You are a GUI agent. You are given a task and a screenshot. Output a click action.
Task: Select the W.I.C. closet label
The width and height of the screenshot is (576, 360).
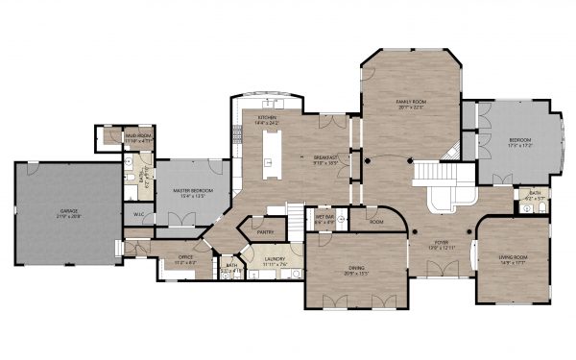[x=138, y=214]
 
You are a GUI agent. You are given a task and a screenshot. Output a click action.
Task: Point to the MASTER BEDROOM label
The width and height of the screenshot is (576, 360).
[x=192, y=190]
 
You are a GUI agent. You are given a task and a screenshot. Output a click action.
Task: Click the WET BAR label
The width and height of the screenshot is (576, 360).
[x=324, y=217]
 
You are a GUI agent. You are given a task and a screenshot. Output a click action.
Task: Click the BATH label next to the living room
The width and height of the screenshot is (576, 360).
[x=535, y=195]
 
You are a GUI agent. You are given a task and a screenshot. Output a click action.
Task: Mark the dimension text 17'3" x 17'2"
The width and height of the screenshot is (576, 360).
[x=519, y=146]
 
